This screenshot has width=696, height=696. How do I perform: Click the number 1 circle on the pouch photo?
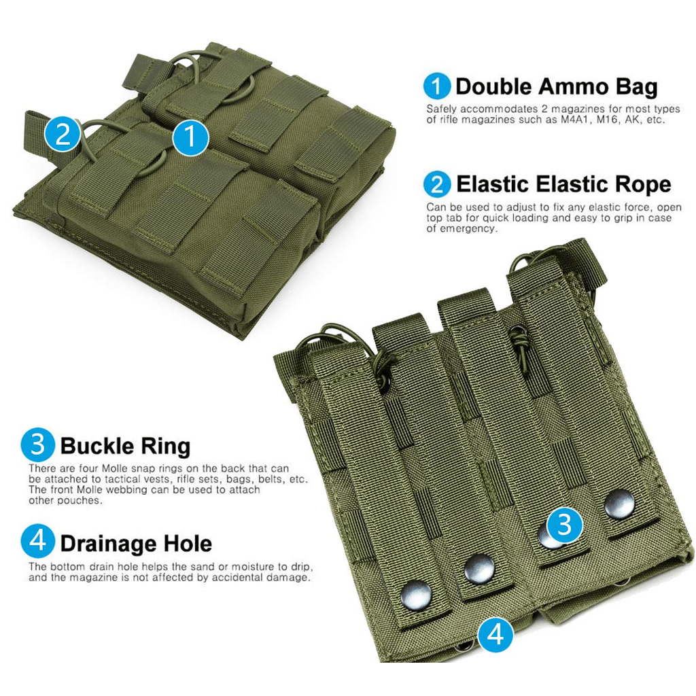(x=190, y=137)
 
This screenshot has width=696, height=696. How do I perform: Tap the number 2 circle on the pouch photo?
(x=63, y=135)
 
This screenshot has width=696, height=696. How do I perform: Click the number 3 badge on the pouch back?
(x=565, y=524)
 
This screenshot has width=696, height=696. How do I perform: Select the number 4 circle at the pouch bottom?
(x=495, y=634)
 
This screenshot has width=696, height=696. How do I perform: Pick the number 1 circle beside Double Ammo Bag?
(x=437, y=86)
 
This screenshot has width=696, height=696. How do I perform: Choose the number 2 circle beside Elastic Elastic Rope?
(x=437, y=184)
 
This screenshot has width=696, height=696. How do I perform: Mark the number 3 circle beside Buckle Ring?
(x=38, y=446)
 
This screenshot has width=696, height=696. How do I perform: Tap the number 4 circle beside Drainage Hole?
(x=38, y=543)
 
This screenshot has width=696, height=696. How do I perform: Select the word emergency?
(x=468, y=229)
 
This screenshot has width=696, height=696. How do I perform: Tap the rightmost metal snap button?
(x=620, y=504)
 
